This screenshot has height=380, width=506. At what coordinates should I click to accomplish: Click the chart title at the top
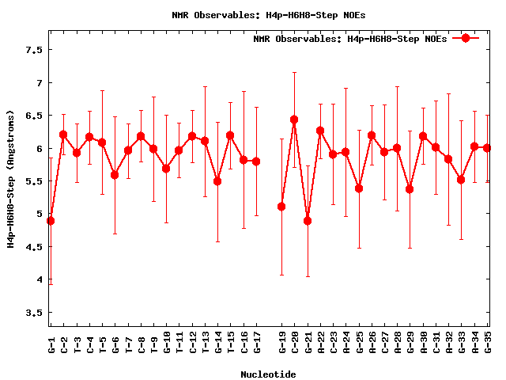click(269, 15)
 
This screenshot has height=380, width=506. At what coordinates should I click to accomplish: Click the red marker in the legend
click(466, 38)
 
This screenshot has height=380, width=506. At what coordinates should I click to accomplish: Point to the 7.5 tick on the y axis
click(33, 50)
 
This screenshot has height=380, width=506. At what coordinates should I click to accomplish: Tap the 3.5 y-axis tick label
click(33, 313)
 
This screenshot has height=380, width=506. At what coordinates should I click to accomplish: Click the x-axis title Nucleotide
click(269, 374)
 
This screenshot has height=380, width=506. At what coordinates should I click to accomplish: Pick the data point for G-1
click(51, 221)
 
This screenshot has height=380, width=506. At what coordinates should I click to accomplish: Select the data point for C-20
click(294, 120)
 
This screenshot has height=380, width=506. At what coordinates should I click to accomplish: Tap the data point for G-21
click(308, 221)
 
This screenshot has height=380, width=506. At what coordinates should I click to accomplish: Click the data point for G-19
click(281, 207)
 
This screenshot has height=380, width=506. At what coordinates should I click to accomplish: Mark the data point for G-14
click(217, 181)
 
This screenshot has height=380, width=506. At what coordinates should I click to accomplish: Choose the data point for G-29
click(410, 189)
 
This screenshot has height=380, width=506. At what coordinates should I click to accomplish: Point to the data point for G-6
click(115, 175)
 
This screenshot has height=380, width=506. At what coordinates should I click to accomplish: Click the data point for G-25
click(359, 188)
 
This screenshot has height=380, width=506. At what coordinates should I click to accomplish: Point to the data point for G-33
click(462, 180)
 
